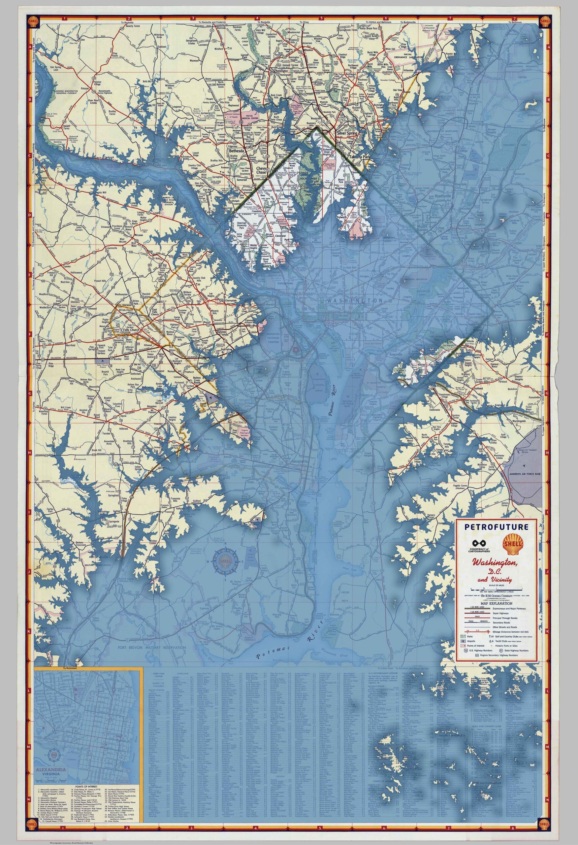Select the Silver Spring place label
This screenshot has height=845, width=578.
[347, 133]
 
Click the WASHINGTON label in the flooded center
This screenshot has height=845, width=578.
[355, 301]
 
